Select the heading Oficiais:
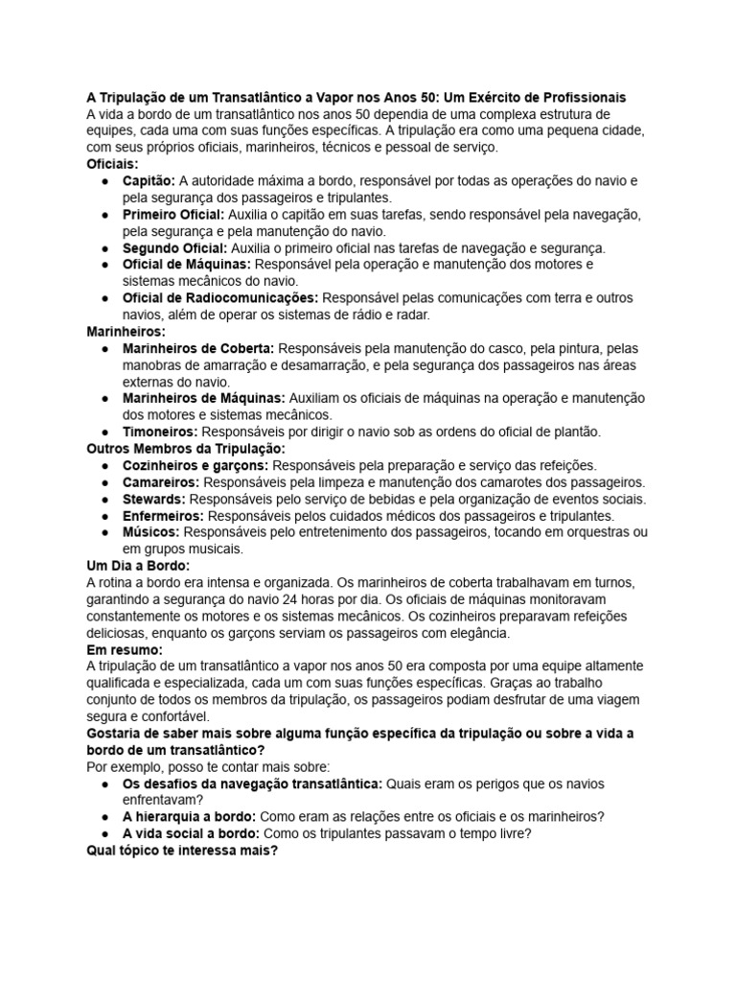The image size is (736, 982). click(112, 164)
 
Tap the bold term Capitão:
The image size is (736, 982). click(149, 180)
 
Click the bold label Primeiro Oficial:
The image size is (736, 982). click(173, 214)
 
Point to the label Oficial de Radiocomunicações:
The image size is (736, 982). click(220, 298)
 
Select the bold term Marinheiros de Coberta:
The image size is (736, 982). click(198, 348)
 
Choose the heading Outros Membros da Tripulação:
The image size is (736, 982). click(186, 449)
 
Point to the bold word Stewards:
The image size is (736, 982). click(154, 499)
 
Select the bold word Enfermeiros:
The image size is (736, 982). click(163, 516)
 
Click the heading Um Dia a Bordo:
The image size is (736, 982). click(138, 566)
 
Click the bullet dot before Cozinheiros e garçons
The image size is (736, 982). click(103, 465)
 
